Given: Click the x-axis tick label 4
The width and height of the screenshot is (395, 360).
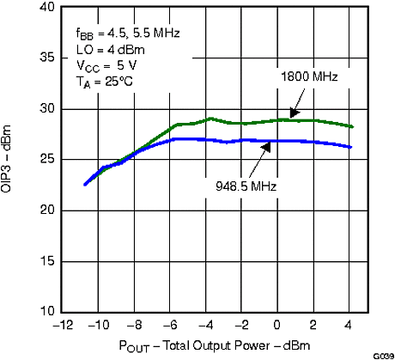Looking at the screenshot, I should (x=350, y=326).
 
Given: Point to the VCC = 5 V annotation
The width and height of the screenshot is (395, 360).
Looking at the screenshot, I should (x=105, y=66).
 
